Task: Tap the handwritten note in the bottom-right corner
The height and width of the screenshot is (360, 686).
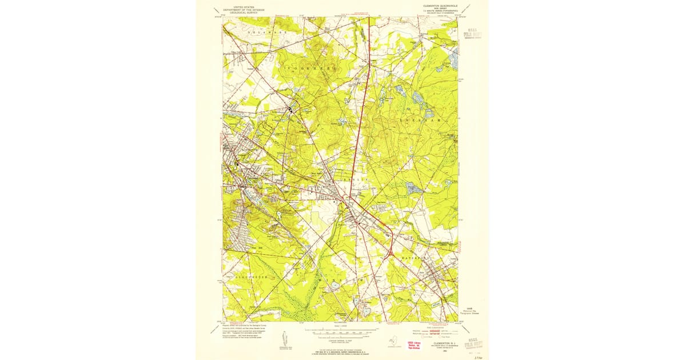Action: click(476, 354)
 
